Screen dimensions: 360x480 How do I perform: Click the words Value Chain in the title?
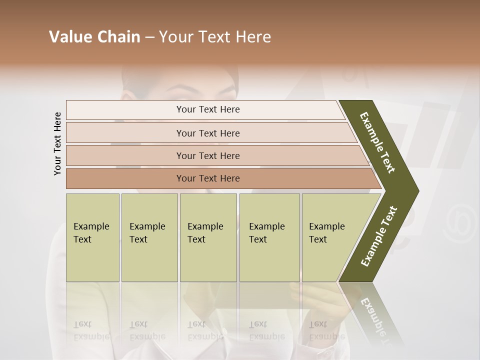click(94, 37)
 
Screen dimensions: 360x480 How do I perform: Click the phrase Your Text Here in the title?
click(215, 37)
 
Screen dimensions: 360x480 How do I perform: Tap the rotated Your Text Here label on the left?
click(57, 144)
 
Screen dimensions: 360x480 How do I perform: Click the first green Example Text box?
click(92, 237)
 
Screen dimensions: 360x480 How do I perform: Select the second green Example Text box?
click(149, 237)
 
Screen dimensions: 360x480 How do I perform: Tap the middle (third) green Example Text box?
click(208, 237)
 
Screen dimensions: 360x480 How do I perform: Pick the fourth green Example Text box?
click(269, 237)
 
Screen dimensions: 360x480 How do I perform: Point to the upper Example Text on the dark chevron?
click(377, 142)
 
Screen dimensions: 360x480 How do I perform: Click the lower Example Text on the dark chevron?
click(379, 236)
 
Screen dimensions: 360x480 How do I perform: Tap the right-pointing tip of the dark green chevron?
click(416, 191)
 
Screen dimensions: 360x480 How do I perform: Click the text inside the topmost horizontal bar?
click(208, 109)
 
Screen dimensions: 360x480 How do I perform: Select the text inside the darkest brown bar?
click(208, 178)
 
